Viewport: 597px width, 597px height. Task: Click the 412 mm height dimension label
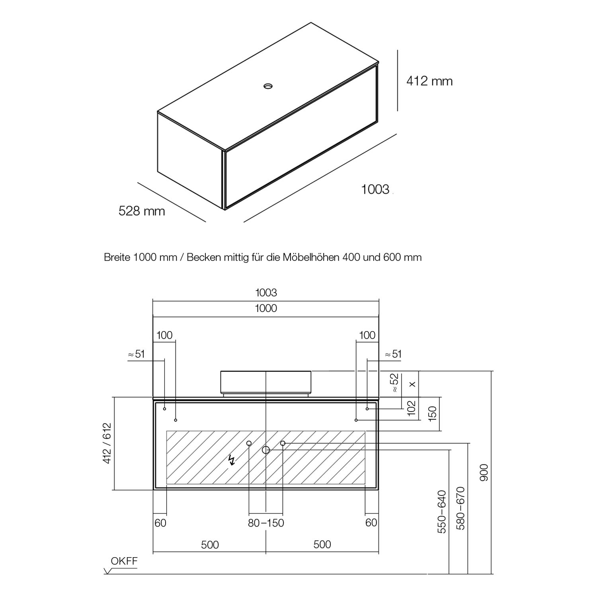click(x=429, y=81)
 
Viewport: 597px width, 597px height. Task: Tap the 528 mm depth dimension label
click(x=142, y=211)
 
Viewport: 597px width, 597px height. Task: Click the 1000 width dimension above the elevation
click(x=266, y=308)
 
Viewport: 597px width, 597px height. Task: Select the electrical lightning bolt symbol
click(x=231, y=460)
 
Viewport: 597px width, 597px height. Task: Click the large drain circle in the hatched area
click(x=266, y=450)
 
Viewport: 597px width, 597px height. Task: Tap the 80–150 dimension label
click(x=266, y=523)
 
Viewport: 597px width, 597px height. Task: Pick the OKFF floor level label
click(x=124, y=561)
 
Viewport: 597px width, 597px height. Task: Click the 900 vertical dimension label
click(x=484, y=472)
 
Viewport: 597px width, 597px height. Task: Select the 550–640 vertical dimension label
click(x=442, y=511)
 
